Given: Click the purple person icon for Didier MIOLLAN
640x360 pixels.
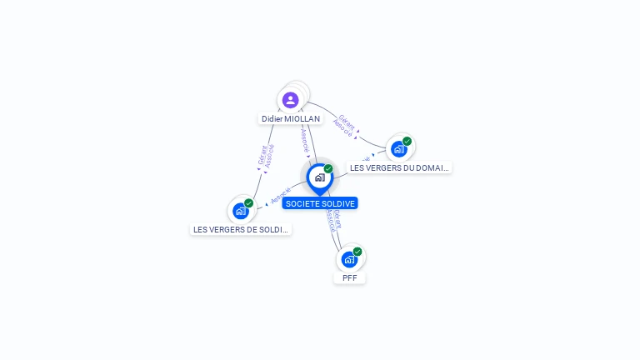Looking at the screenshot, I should tap(290, 100).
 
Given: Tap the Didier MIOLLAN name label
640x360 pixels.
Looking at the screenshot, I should tap(291, 119).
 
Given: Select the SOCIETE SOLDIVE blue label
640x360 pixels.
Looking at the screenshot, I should tap(320, 203).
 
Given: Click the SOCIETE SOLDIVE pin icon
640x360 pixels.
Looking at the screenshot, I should tap(319, 177).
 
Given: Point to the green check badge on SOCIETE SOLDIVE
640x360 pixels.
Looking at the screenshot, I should tap(328, 169).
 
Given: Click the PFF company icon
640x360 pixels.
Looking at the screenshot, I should tap(349, 259).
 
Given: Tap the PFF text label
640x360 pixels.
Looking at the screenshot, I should tap(349, 277).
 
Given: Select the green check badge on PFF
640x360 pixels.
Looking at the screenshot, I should tap(357, 252).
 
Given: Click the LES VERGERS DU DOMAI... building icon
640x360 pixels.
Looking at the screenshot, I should tap(398, 149).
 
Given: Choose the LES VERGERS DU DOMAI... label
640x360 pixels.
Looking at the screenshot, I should tap(399, 167).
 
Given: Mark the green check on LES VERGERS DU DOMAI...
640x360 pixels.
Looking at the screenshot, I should tap(407, 142).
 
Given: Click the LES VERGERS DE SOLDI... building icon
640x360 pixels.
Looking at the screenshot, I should tap(241, 211).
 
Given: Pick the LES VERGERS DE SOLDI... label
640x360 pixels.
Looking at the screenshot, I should tap(241, 229).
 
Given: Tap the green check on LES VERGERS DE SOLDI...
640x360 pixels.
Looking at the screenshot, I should tap(248, 203).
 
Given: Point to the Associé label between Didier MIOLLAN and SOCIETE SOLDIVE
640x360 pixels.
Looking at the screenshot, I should tap(305, 141).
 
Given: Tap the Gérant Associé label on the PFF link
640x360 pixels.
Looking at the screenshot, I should tap(332, 217).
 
